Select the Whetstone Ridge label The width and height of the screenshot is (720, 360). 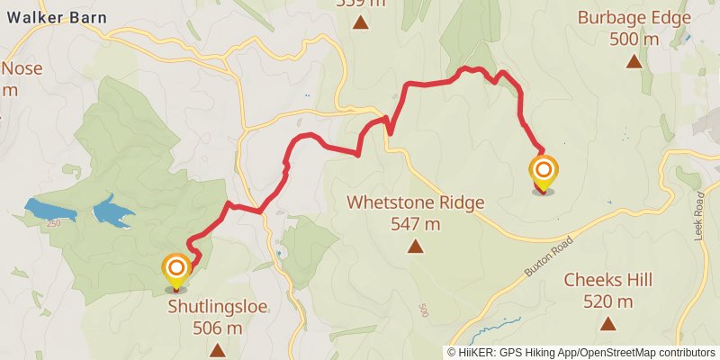pyautogui.click(x=416, y=202)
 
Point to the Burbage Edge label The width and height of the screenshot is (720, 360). pyautogui.click(x=634, y=17)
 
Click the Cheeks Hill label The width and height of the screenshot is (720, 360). pyautogui.click(x=607, y=280)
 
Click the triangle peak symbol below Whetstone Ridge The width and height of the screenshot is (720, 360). pyautogui.click(x=416, y=246)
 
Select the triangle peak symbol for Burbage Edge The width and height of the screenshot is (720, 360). pyautogui.click(x=634, y=61)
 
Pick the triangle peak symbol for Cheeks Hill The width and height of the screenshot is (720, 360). pyautogui.click(x=607, y=323)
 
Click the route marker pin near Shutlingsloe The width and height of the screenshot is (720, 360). pyautogui.click(x=176, y=271)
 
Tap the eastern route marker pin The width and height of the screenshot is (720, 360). pyautogui.click(x=543, y=173)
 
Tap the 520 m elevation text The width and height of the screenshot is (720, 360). pyautogui.click(x=607, y=301)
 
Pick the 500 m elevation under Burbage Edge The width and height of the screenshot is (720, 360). pyautogui.click(x=634, y=39)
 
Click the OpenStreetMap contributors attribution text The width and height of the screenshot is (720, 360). pyautogui.click(x=644, y=353)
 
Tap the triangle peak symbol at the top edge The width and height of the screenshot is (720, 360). pyautogui.click(x=361, y=22)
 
